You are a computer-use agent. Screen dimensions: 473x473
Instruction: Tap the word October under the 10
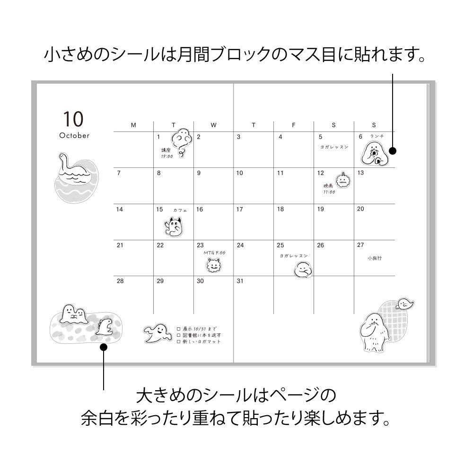click(x=74, y=136)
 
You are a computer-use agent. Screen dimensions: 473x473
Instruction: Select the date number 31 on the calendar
click(x=240, y=281)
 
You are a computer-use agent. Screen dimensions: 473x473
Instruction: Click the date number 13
click(x=360, y=173)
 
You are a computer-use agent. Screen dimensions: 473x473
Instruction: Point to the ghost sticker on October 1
click(x=181, y=141)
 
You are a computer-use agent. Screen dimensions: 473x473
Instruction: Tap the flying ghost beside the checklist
click(x=157, y=333)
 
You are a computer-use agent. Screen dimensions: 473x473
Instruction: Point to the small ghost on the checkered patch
click(x=405, y=303)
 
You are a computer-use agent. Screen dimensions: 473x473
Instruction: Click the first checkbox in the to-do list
click(x=178, y=328)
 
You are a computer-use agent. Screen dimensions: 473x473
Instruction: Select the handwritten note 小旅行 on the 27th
click(x=374, y=258)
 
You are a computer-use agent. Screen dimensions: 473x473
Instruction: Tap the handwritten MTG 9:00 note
click(x=214, y=253)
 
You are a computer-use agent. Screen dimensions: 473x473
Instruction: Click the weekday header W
click(x=213, y=125)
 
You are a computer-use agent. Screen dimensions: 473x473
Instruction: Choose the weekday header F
click(x=293, y=125)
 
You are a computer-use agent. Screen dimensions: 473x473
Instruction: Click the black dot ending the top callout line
click(x=393, y=151)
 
